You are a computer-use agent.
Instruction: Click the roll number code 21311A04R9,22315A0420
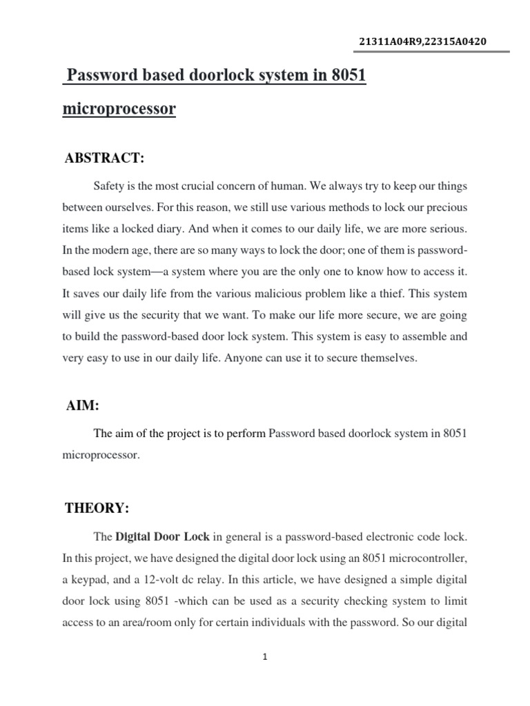[422, 42]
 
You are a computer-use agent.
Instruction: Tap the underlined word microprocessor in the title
[119, 109]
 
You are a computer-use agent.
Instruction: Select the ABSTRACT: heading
[104, 159]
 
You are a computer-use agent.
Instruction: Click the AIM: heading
[82, 407]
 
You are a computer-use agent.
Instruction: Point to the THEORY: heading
[97, 509]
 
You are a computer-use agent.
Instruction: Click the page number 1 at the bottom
[265, 657]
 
